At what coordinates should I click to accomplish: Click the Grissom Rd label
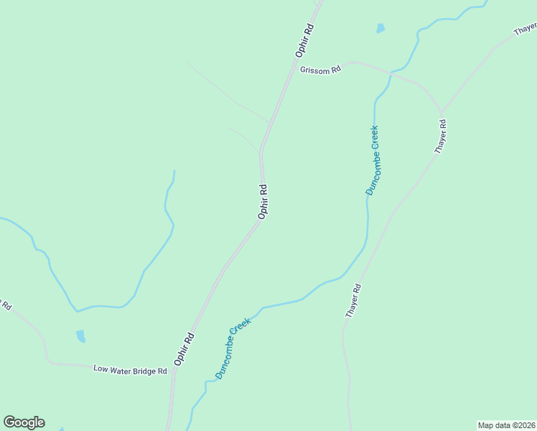(x=320, y=70)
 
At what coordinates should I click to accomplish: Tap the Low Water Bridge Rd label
(x=130, y=370)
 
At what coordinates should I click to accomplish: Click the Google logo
(x=24, y=422)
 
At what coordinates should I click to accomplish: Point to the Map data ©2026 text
(x=506, y=425)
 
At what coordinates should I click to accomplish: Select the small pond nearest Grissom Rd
(x=380, y=29)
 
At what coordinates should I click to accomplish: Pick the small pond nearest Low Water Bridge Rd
(x=80, y=335)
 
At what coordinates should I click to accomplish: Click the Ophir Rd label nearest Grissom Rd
(x=305, y=40)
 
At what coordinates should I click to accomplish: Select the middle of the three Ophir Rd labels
(x=263, y=201)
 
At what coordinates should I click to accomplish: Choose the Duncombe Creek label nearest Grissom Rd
(x=372, y=160)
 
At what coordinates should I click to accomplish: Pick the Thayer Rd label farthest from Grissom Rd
(x=352, y=301)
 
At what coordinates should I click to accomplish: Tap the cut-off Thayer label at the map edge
(x=526, y=29)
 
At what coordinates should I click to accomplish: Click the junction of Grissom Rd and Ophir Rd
(x=293, y=70)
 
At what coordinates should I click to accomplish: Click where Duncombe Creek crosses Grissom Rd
(x=390, y=73)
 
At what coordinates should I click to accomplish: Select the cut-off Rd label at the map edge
(x=5, y=304)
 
